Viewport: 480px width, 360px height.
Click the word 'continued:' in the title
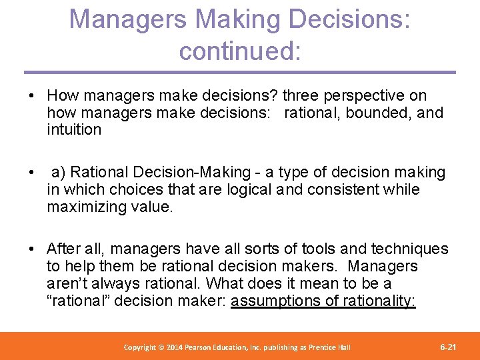pos(240,51)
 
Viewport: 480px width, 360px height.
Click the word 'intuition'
pos(74,129)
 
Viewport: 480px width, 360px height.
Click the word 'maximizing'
pos(84,207)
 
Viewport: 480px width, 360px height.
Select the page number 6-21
pos(449,347)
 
